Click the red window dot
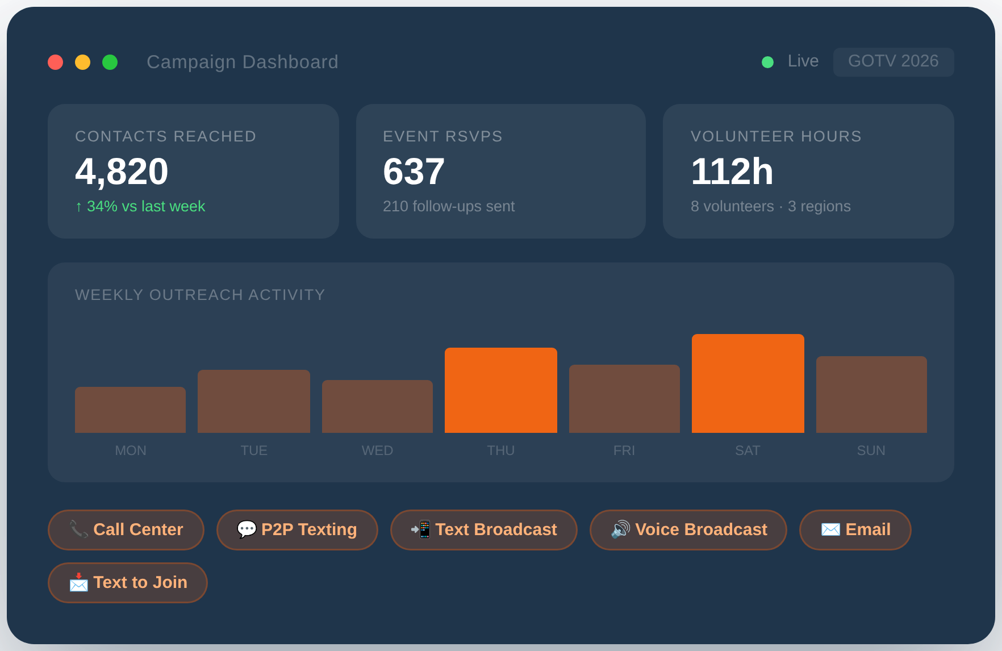click(56, 62)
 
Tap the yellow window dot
click(83, 62)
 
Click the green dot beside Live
click(767, 62)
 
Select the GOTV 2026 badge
click(893, 61)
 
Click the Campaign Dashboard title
click(242, 62)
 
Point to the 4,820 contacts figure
click(122, 172)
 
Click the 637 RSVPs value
click(414, 172)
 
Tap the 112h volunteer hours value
click(732, 172)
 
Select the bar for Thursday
click(500, 390)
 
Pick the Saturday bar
click(748, 383)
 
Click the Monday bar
click(130, 410)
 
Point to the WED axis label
click(377, 450)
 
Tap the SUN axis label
click(871, 450)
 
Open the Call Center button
click(126, 529)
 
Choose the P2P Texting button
click(297, 529)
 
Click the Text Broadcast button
click(483, 529)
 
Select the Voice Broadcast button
click(688, 529)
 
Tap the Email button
click(855, 529)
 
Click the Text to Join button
click(128, 582)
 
